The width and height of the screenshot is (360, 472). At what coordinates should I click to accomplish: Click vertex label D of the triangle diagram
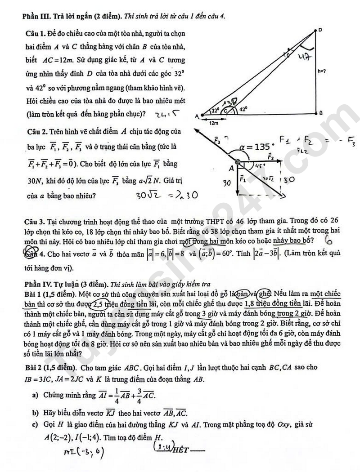(320, 30)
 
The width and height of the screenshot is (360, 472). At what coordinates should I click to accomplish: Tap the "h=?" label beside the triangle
(321, 70)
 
